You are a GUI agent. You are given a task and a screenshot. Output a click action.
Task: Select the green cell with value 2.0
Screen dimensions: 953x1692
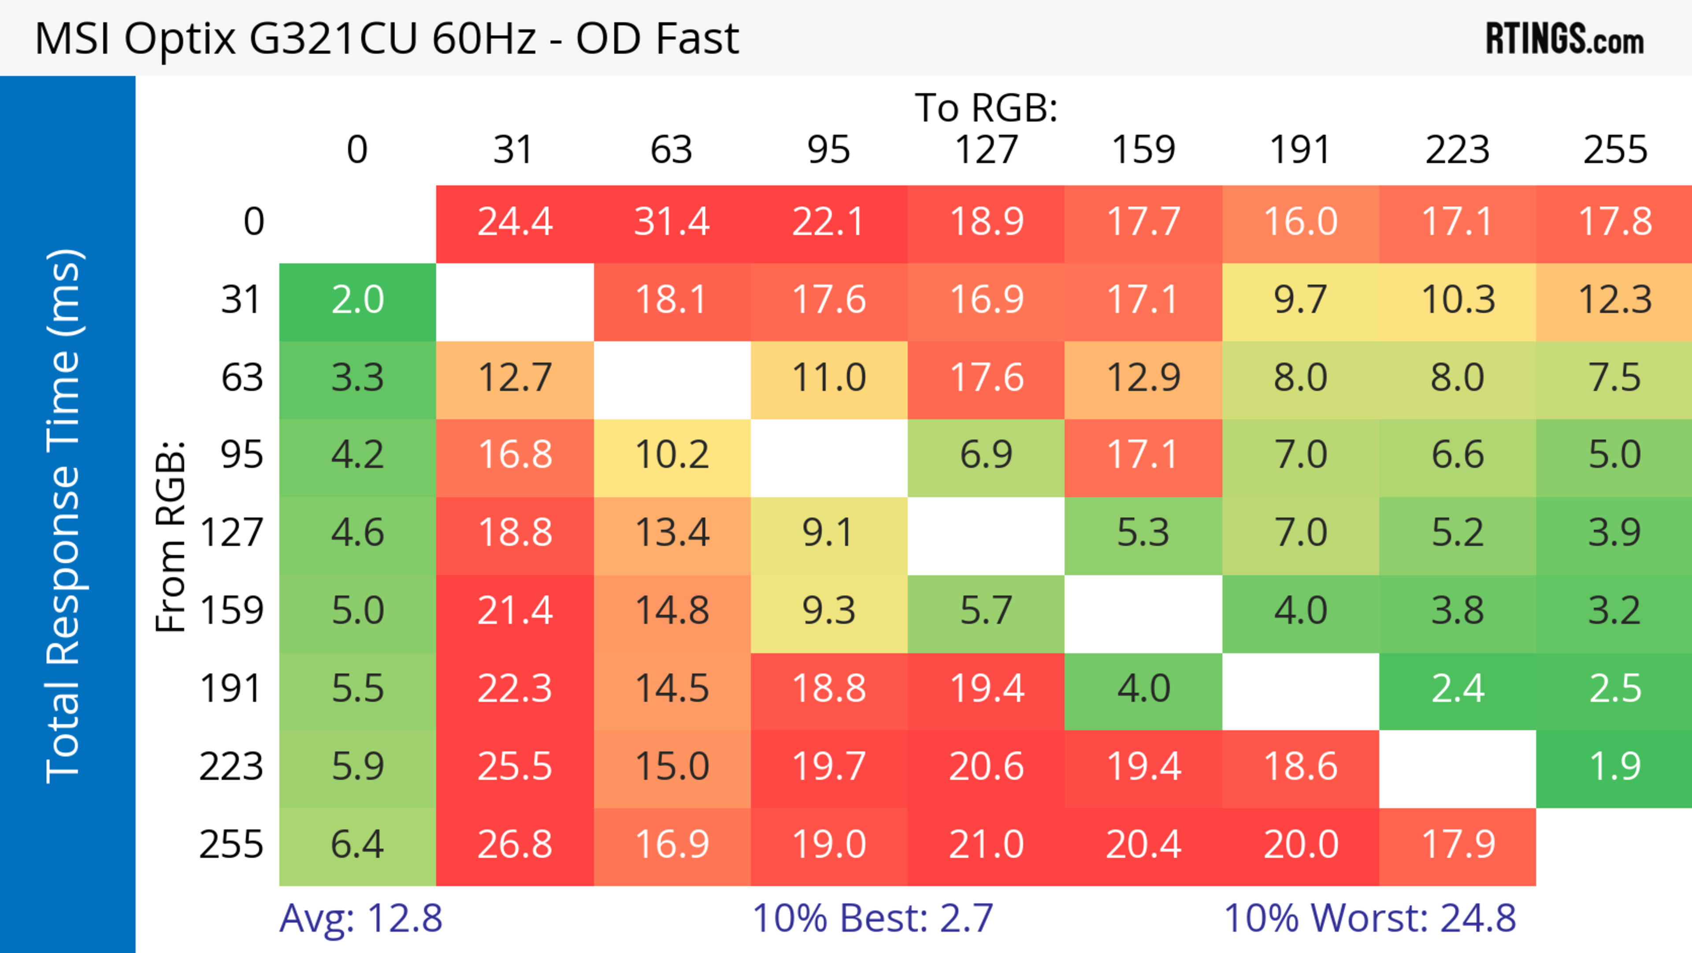357,300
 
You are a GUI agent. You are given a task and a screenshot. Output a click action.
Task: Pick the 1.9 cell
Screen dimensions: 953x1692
1614,766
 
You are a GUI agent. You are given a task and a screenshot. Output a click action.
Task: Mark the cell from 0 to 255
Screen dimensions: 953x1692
1614,222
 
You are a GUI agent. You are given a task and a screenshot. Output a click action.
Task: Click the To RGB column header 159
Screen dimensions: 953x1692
1143,150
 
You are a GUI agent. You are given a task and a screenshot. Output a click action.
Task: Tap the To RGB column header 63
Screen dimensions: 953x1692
671,150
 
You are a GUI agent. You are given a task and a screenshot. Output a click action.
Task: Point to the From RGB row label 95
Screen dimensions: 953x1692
242,455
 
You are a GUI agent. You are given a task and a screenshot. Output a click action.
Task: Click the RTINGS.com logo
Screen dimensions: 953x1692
1565,39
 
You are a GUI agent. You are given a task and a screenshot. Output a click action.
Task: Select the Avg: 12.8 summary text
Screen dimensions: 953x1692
360,918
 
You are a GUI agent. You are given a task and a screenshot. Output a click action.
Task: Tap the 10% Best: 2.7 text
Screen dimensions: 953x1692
872,918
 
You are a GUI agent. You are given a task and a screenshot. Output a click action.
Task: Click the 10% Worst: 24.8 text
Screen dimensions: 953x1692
1369,918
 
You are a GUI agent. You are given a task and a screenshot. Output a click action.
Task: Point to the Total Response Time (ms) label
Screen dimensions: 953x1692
64,516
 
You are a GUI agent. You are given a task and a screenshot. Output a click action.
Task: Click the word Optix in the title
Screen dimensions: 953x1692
179,39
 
